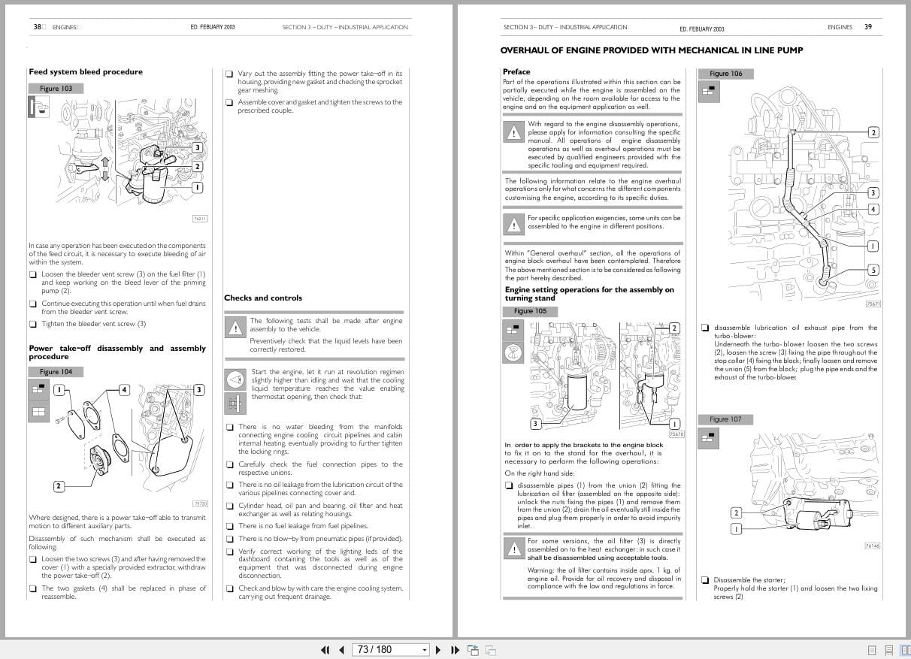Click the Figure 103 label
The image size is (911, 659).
(x=56, y=89)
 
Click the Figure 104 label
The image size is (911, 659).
(x=56, y=372)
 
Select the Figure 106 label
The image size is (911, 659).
(x=725, y=74)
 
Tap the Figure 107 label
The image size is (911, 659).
(x=725, y=419)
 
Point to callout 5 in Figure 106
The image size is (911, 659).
(x=873, y=270)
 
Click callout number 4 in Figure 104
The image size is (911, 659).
(x=124, y=389)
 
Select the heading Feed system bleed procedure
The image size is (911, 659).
(x=85, y=72)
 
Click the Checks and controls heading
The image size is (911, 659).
(x=263, y=298)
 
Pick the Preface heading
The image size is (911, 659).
(x=516, y=72)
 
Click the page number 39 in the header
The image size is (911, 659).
(x=868, y=27)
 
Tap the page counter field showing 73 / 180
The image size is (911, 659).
(x=374, y=649)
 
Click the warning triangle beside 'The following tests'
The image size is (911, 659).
(x=235, y=328)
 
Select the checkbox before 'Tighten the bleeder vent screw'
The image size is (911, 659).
(x=33, y=325)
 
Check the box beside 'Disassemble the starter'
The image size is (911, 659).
(x=705, y=580)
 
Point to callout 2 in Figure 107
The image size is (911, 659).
(x=736, y=512)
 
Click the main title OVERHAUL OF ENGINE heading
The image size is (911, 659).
(x=651, y=50)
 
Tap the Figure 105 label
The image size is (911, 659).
(x=530, y=311)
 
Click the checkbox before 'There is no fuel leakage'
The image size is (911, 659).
(x=230, y=527)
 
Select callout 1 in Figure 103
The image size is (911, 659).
(x=197, y=187)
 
